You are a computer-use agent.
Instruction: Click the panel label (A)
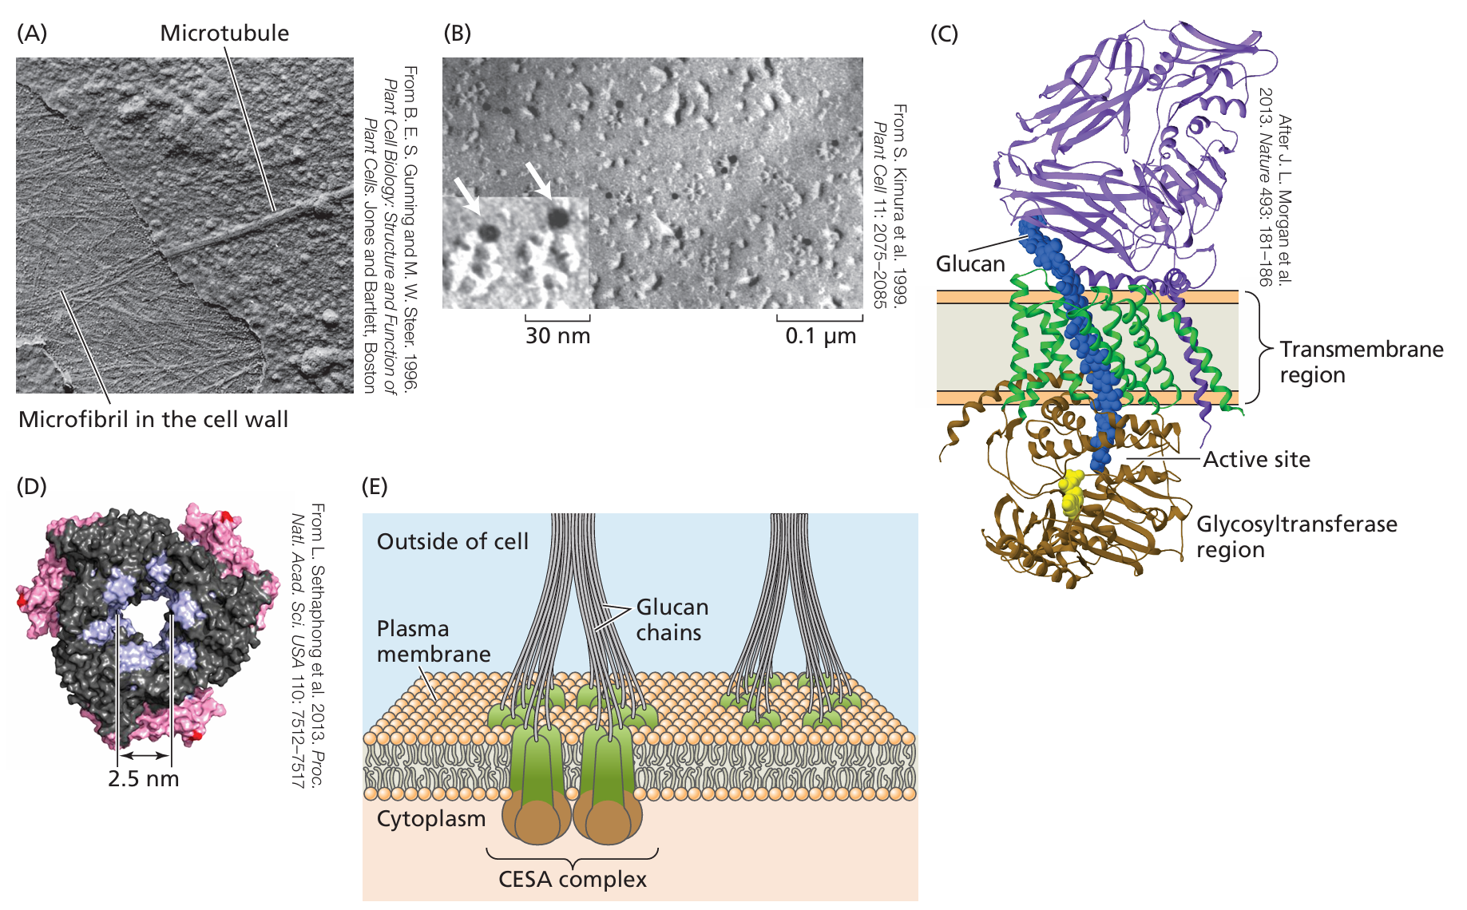pyautogui.click(x=32, y=33)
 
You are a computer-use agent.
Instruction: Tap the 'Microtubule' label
pyautogui.click(x=224, y=33)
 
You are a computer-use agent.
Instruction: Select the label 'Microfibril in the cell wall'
pyautogui.click(x=153, y=419)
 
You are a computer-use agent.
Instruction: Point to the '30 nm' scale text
pyautogui.click(x=557, y=335)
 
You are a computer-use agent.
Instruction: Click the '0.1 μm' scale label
pyautogui.click(x=820, y=335)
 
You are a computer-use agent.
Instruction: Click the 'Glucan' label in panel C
pyautogui.click(x=970, y=263)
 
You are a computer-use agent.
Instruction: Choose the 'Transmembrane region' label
pyautogui.click(x=1361, y=362)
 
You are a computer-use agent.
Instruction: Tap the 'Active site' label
pyautogui.click(x=1256, y=459)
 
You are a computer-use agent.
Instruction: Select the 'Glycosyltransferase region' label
pyautogui.click(x=1296, y=536)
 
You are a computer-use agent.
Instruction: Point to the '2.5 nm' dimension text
pyautogui.click(x=144, y=778)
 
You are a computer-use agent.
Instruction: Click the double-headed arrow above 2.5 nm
pyautogui.click(x=145, y=754)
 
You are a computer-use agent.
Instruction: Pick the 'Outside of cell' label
pyautogui.click(x=452, y=541)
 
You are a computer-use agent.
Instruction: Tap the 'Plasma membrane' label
pyautogui.click(x=433, y=641)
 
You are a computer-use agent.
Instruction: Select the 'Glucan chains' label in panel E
pyautogui.click(x=672, y=619)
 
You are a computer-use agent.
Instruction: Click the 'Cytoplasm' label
pyautogui.click(x=431, y=819)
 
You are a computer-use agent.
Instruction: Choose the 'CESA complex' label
pyautogui.click(x=572, y=879)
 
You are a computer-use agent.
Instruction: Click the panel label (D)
pyautogui.click(x=32, y=485)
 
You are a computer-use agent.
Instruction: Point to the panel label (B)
pyautogui.click(x=457, y=33)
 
